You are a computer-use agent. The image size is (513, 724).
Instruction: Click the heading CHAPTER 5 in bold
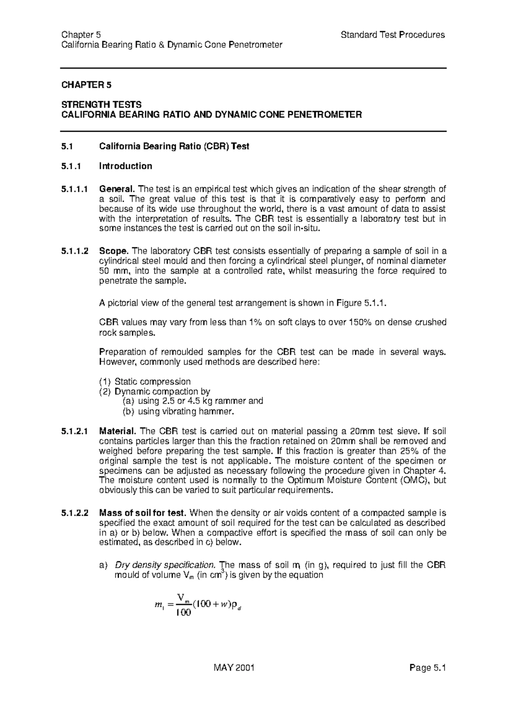click(x=86, y=85)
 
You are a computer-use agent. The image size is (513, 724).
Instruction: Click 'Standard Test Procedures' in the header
click(x=392, y=35)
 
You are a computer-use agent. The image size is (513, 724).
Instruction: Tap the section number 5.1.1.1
click(x=75, y=189)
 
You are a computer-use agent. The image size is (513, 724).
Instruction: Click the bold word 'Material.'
click(x=117, y=431)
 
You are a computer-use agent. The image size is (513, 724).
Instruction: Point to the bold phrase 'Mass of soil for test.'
click(x=143, y=513)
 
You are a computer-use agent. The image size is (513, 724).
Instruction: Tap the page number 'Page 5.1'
click(x=427, y=680)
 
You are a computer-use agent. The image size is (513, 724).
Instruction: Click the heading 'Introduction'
click(x=125, y=166)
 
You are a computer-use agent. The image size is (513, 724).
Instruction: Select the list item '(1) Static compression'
click(x=144, y=381)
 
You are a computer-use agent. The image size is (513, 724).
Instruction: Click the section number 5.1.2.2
click(x=75, y=513)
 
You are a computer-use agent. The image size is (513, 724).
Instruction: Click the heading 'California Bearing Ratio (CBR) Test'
click(x=174, y=147)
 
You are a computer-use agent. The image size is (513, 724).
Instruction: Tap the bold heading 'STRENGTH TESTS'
click(x=101, y=105)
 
